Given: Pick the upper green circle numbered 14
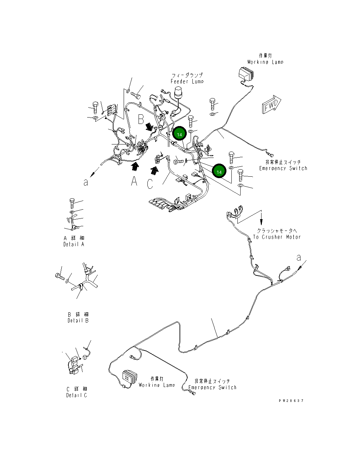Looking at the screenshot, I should [180, 134].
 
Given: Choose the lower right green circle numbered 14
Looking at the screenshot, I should [219, 172].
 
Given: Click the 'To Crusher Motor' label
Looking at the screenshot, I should [277, 237].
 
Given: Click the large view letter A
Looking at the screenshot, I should [134, 181].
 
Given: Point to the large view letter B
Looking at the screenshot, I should [141, 119].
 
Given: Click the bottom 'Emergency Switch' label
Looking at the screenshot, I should [212, 387].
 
